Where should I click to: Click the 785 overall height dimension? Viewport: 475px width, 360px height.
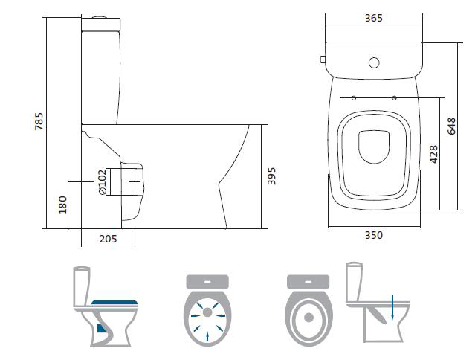[x=39, y=121]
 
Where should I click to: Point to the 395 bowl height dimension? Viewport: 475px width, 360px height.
[x=272, y=176]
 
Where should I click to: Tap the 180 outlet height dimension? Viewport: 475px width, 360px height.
[x=63, y=203]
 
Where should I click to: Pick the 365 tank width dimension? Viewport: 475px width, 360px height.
[x=373, y=19]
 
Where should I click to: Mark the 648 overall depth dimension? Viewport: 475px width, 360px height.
[x=451, y=126]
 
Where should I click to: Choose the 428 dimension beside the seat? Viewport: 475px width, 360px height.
[x=434, y=152]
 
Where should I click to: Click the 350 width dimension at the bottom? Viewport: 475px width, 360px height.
[x=373, y=235]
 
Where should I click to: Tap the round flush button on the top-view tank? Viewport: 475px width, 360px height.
[x=374, y=64]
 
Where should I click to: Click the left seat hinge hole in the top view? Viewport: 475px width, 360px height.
[x=354, y=97]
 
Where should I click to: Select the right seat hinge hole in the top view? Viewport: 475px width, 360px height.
[x=393, y=97]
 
